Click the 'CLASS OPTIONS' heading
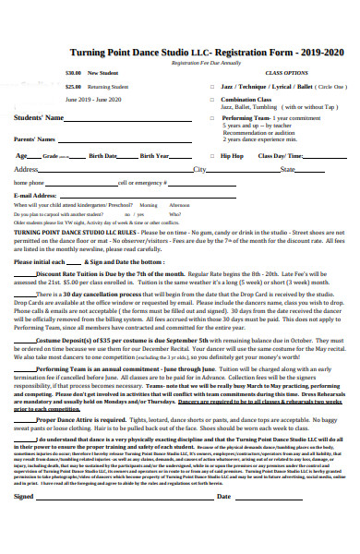tap(286, 72)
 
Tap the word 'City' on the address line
tap(199, 170)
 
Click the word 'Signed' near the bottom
tap(24, 522)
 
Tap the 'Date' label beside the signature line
tap(223, 522)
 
